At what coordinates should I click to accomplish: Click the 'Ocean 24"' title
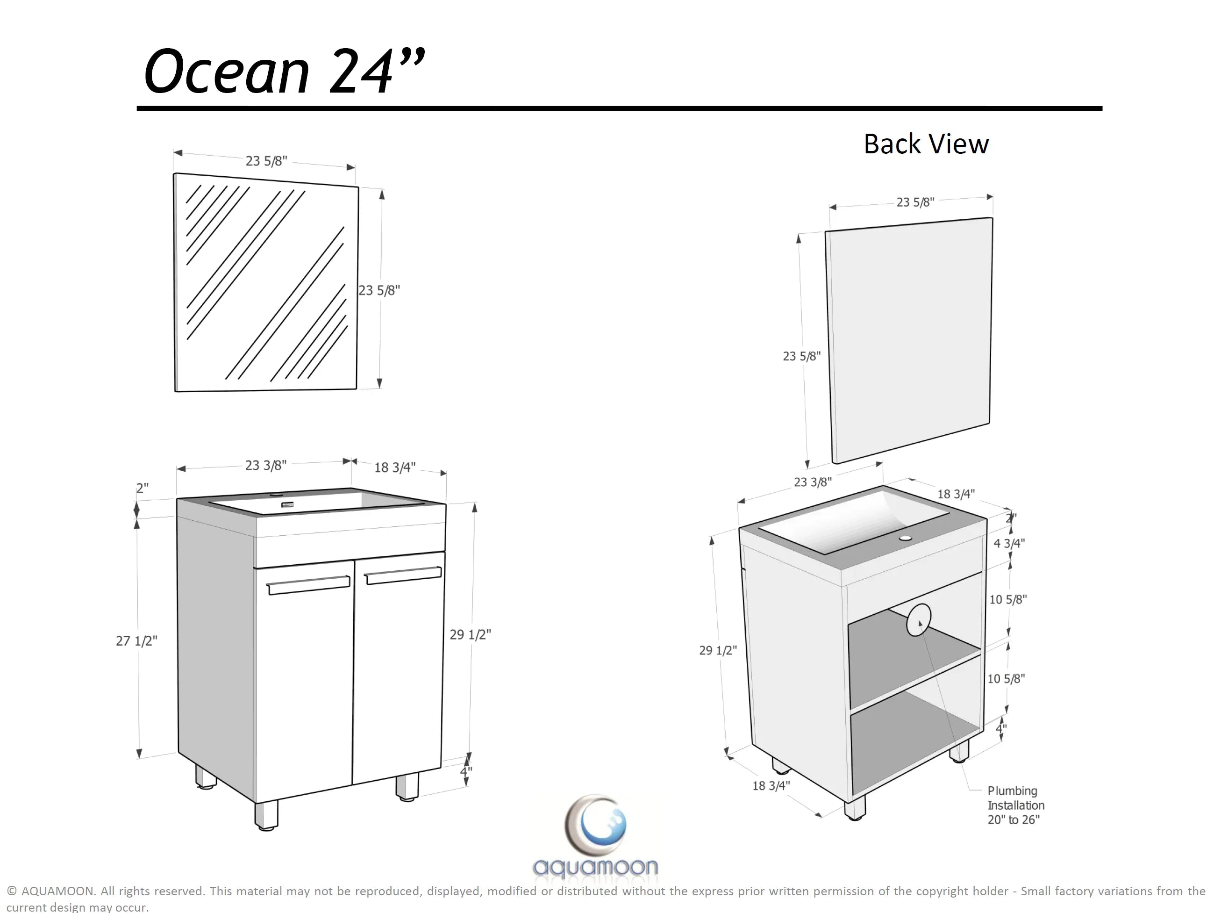click(x=283, y=72)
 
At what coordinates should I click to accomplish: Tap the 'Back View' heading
click(x=926, y=144)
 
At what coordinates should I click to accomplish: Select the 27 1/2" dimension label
click(x=136, y=641)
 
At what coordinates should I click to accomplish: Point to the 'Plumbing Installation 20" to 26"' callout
click(x=1015, y=805)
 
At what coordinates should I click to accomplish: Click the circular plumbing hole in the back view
click(x=918, y=620)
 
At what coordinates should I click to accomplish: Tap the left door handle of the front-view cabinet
click(x=308, y=585)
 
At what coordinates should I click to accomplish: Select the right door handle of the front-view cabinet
click(x=402, y=574)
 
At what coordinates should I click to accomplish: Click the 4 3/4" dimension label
click(x=1009, y=543)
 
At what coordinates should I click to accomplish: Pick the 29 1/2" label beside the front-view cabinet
click(x=470, y=635)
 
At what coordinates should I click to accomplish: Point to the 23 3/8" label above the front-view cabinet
click(x=265, y=466)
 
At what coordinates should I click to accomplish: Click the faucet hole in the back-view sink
click(x=905, y=538)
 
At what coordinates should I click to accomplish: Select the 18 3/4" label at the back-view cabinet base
click(x=771, y=786)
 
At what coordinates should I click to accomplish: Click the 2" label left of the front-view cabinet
click(x=142, y=488)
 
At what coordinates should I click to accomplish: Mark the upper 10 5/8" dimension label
click(x=1007, y=599)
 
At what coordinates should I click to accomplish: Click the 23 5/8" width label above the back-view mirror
click(x=915, y=202)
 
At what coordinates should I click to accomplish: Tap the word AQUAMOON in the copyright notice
click(x=57, y=891)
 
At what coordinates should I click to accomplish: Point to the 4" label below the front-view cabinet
click(x=465, y=771)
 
